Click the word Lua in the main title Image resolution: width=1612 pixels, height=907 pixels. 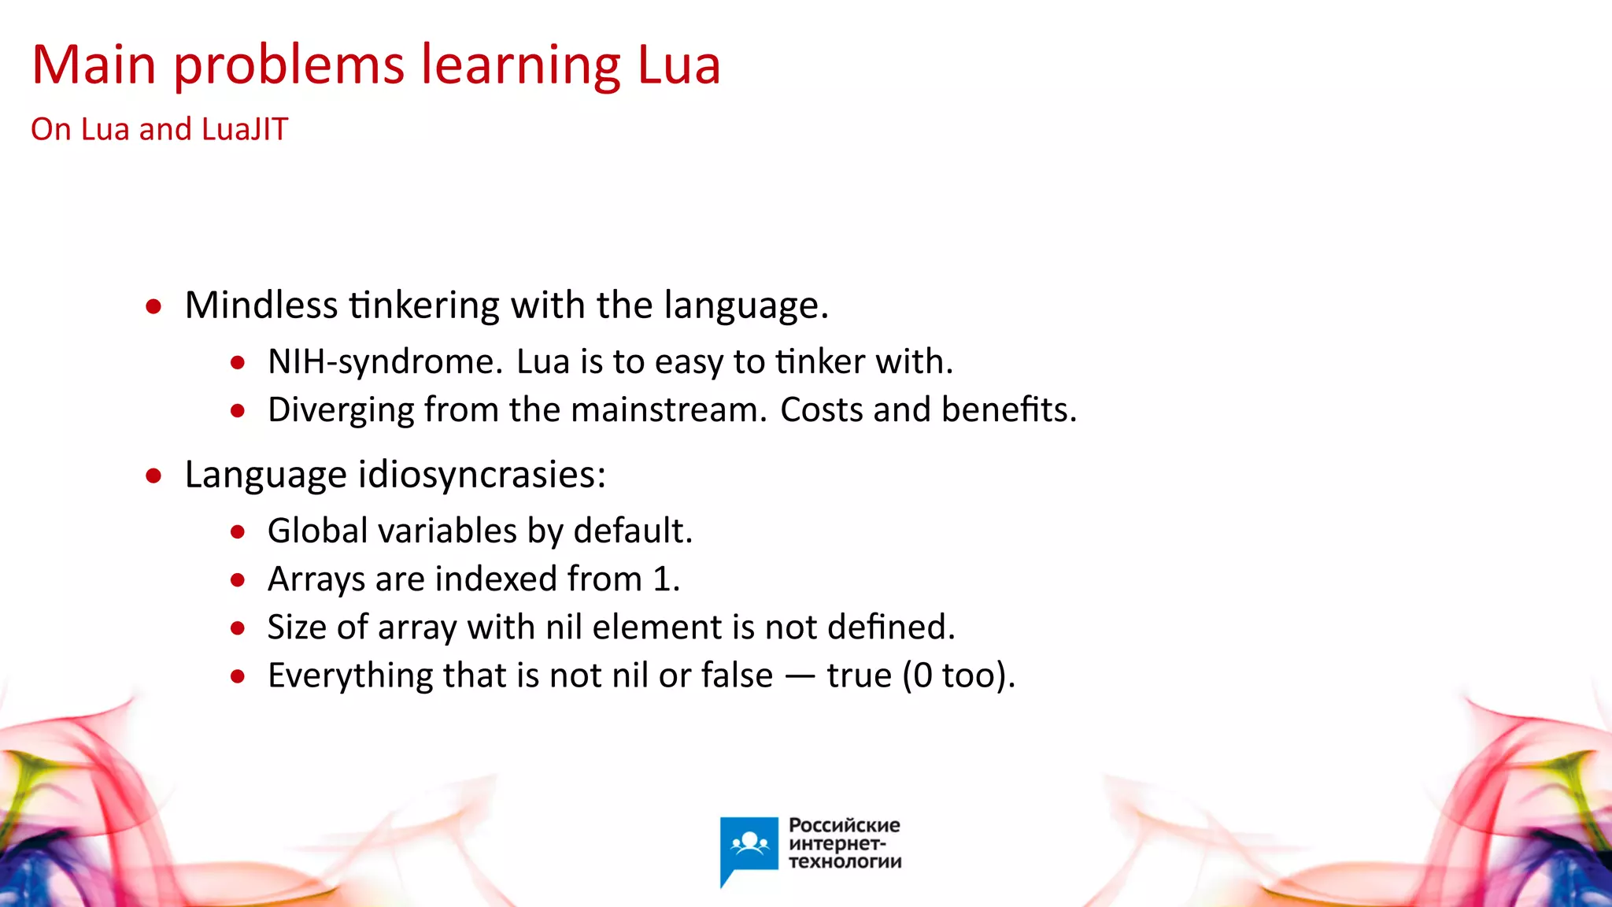tap(678, 65)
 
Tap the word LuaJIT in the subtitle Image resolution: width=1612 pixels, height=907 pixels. tap(245, 129)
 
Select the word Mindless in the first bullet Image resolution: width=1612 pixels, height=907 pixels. tap(261, 305)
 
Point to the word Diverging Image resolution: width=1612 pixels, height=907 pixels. tap(341, 410)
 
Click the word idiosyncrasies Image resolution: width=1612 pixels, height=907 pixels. tap(482, 475)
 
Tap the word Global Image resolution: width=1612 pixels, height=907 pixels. tap(317, 531)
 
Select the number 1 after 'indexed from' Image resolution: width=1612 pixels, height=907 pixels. tap(662, 579)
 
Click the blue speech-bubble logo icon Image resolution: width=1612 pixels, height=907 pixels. tap(749, 847)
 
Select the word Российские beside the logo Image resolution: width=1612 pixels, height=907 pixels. tap(844, 825)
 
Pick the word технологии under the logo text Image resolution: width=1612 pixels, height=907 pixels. tap(845, 861)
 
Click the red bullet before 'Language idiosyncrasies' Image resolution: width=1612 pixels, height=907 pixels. tap(153, 476)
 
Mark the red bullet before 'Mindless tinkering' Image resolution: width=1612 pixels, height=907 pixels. tap(153, 306)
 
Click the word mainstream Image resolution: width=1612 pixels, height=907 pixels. tap(667, 410)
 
